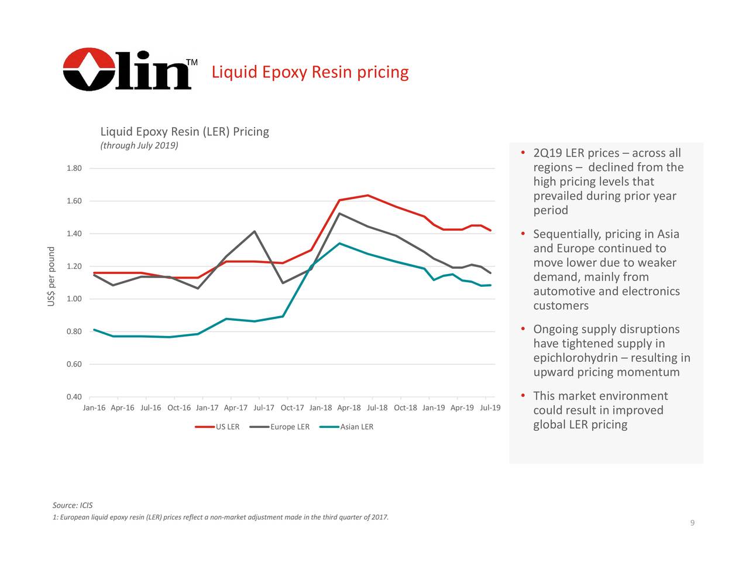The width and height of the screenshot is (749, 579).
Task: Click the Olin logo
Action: [x=127, y=70]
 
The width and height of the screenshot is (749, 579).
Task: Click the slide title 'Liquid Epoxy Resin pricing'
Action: [x=310, y=72]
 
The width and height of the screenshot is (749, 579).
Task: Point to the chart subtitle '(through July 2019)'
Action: [x=139, y=146]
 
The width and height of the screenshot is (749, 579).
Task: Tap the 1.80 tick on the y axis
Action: [x=74, y=169]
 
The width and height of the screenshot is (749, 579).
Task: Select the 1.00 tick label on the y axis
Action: [x=74, y=299]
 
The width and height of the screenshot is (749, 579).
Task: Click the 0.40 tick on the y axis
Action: [x=74, y=398]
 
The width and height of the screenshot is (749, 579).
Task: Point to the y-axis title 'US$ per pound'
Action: [x=51, y=276]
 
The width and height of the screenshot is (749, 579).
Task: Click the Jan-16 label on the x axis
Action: [x=94, y=408]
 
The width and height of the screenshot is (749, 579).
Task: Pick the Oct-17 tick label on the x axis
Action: [x=292, y=408]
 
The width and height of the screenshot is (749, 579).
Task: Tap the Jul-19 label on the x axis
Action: [x=490, y=408]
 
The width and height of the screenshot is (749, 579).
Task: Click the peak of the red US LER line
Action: [x=367, y=196]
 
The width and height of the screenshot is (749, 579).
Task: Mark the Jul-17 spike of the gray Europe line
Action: [x=255, y=231]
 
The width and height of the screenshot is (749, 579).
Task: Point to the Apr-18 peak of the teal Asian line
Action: [x=339, y=244]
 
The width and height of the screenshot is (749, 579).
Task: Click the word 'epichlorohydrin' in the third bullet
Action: [x=575, y=358]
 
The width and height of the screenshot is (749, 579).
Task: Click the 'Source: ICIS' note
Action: [x=73, y=505]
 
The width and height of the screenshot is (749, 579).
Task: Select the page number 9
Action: [x=692, y=523]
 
